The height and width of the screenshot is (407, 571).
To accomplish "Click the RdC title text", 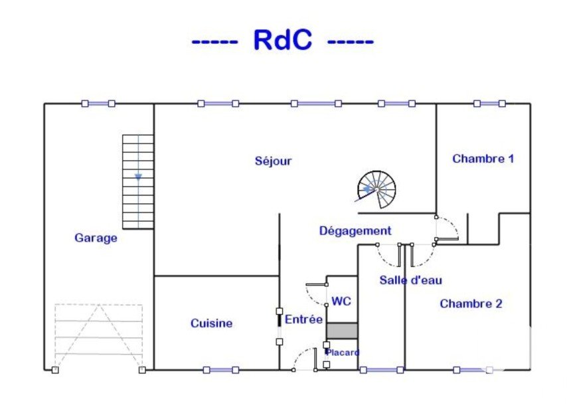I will click(x=282, y=41).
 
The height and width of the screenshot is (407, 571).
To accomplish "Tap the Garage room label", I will click(x=96, y=238).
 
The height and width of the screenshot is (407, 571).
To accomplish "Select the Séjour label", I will click(x=273, y=161).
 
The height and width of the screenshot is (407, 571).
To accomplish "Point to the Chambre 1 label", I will click(x=483, y=159).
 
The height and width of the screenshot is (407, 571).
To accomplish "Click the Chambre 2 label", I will click(x=471, y=303).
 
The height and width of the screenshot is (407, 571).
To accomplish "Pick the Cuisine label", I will click(x=211, y=323).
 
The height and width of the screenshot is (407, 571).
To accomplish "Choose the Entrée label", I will click(x=303, y=319).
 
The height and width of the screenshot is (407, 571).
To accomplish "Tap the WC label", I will click(x=341, y=301).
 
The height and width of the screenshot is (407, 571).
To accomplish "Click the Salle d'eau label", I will click(x=410, y=280).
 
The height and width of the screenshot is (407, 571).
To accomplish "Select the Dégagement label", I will click(x=355, y=231).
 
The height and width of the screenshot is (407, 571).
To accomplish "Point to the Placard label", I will click(x=343, y=353).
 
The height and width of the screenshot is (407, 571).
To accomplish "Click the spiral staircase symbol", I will click(x=376, y=189).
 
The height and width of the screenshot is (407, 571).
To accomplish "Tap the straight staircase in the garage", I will click(x=138, y=181).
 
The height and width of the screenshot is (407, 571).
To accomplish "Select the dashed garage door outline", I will click(x=98, y=336).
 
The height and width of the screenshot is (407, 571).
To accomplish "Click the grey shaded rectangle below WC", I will click(x=343, y=330).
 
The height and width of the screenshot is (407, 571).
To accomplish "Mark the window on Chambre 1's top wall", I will click(x=489, y=104).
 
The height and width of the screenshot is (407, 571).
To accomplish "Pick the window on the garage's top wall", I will click(x=98, y=104).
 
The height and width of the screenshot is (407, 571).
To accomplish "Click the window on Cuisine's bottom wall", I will click(x=220, y=370).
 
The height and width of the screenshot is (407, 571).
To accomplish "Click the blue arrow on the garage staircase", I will click(x=138, y=177).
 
